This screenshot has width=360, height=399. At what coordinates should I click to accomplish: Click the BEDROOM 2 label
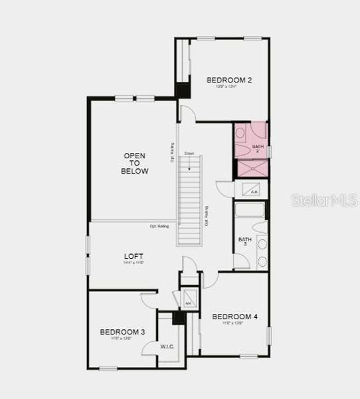click(228, 80)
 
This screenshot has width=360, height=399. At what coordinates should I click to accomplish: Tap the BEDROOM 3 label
click(122, 332)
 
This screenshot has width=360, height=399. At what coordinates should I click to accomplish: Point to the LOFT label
click(134, 256)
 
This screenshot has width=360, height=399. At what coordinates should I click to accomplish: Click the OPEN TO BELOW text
click(134, 164)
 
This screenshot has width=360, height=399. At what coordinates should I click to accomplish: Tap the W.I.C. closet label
click(167, 346)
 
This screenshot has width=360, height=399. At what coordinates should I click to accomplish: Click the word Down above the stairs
click(190, 154)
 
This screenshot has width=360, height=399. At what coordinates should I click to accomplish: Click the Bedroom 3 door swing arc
click(147, 299)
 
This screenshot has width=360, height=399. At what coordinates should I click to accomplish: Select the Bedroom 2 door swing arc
click(187, 114)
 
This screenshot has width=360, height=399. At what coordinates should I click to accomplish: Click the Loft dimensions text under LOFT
click(134, 263)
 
